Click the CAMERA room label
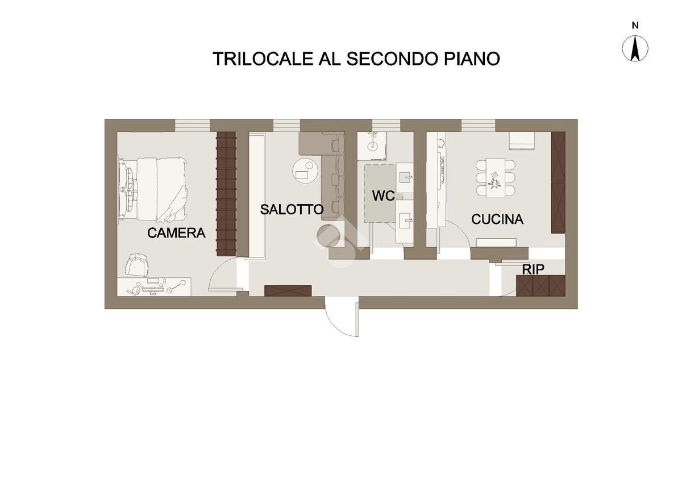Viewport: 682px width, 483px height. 176,233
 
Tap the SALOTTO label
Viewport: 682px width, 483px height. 292,209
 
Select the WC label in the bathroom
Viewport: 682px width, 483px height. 384,197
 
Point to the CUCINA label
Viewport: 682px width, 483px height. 497,219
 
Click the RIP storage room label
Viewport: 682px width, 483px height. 533,269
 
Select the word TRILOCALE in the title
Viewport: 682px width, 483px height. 262,59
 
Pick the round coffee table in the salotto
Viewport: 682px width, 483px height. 306,170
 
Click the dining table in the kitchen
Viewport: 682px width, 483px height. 496,177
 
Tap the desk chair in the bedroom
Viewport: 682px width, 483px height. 138,265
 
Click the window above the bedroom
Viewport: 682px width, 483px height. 192,124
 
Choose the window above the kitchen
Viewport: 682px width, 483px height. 478,124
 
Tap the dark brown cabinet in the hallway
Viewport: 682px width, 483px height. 288,291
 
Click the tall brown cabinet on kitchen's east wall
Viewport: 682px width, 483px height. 558,182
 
